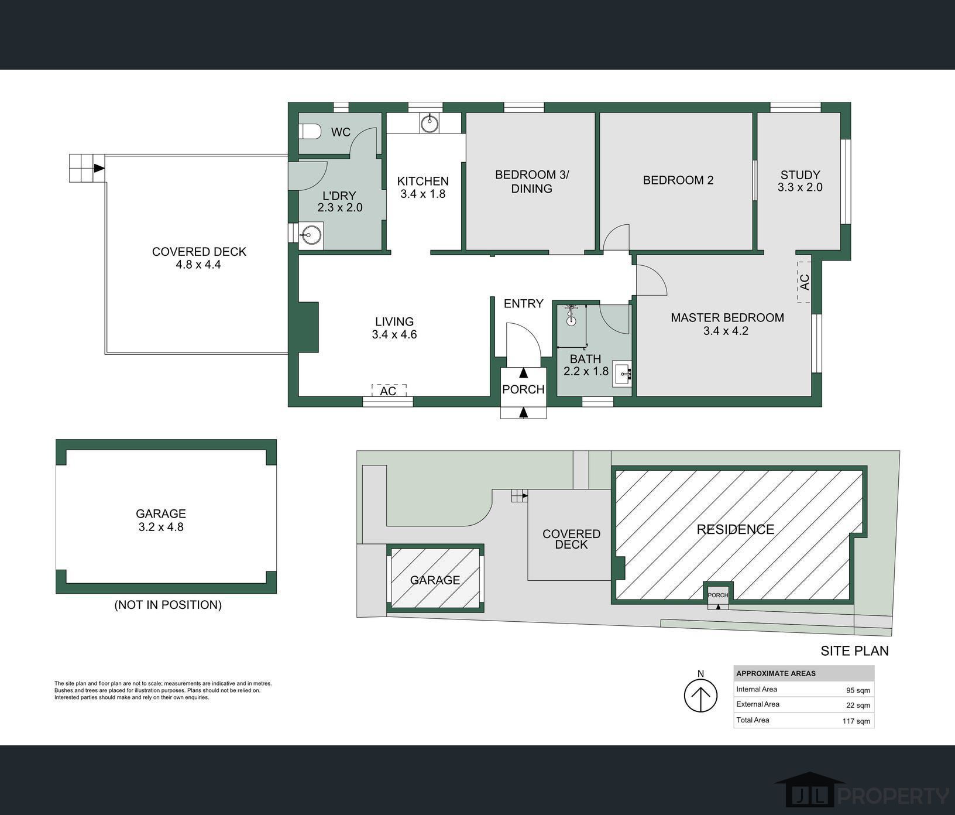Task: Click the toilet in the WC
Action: (x=310, y=132)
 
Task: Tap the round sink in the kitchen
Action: (x=430, y=124)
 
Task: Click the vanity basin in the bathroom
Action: (x=621, y=371)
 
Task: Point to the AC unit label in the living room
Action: (x=389, y=391)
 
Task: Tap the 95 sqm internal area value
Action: (x=858, y=690)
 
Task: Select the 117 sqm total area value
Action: (x=856, y=721)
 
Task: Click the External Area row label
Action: (x=758, y=704)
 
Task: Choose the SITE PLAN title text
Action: (x=854, y=650)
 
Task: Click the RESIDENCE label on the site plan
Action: (x=736, y=529)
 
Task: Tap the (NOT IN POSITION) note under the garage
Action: (x=168, y=605)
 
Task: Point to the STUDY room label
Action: (x=800, y=174)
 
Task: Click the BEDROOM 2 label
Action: (x=678, y=180)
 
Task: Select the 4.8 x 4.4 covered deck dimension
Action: (x=198, y=265)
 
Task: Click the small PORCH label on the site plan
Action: (x=718, y=595)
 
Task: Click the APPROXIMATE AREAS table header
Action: (x=776, y=673)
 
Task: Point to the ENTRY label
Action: (x=524, y=303)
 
